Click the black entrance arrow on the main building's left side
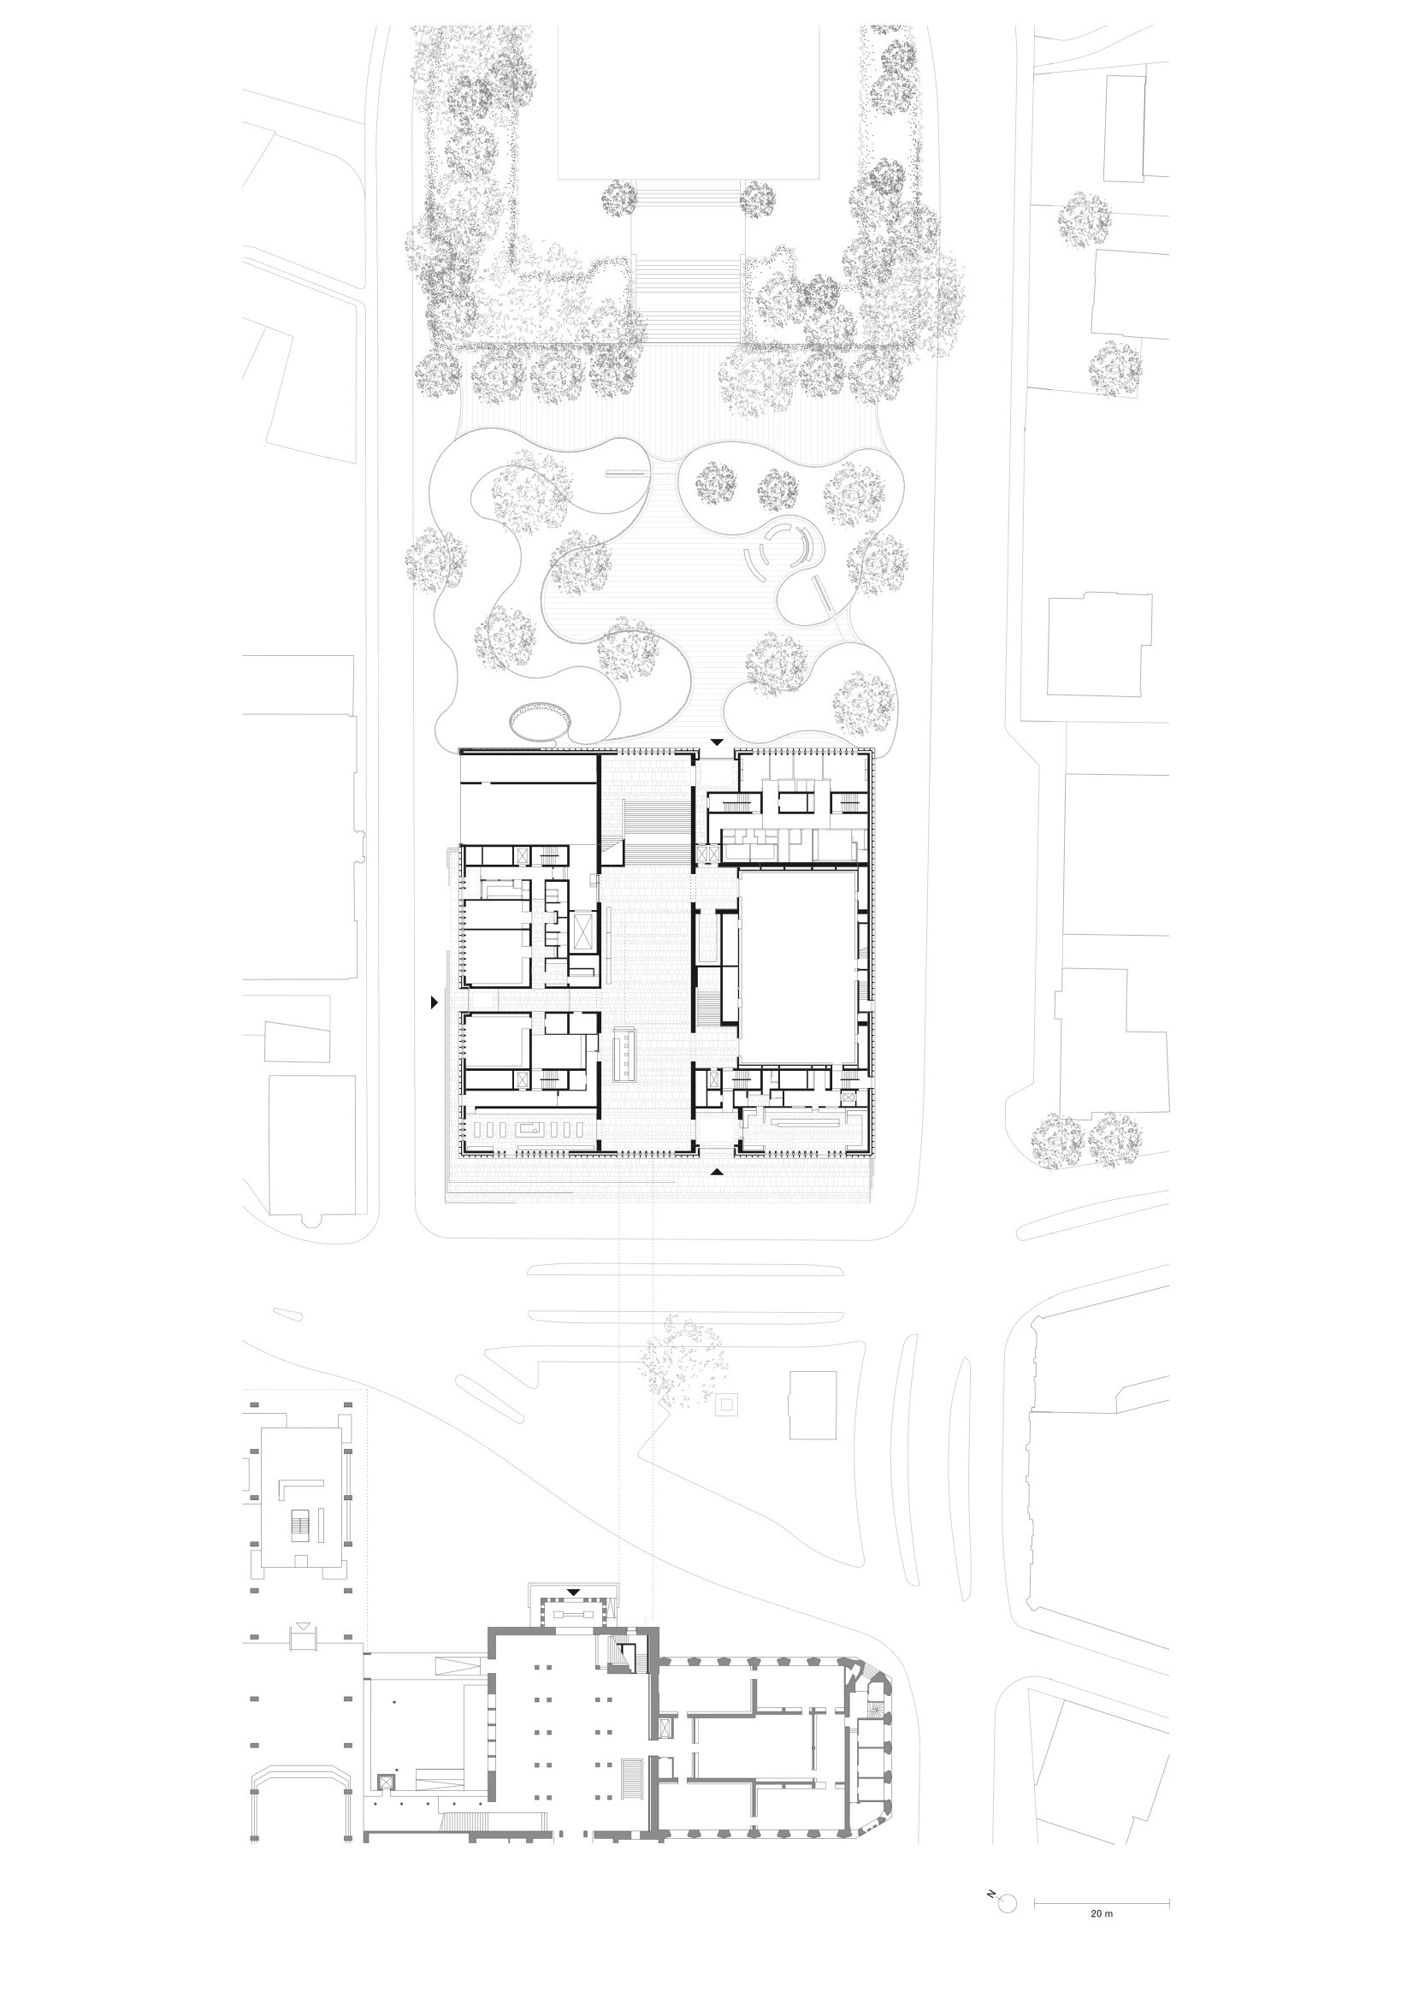click(434, 1003)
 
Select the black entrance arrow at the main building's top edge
click(716, 742)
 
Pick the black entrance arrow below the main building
click(716, 1173)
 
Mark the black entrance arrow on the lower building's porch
click(572, 1593)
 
